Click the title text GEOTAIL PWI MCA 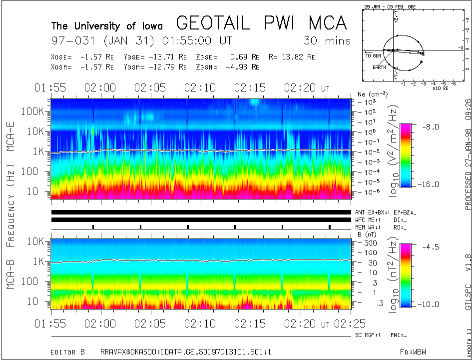coord(261,23)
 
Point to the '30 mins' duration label coord(327,41)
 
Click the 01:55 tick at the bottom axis coord(51,324)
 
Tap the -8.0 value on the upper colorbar coord(429,127)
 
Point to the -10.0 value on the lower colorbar coord(430,304)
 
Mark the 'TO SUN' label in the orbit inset coord(373,56)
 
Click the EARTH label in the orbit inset coord(379,66)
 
